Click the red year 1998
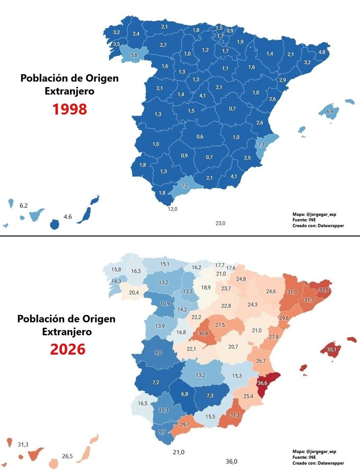pyautogui.click(x=69, y=109)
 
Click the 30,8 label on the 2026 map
pyautogui.click(x=203, y=333)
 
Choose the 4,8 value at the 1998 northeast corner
pyautogui.click(x=322, y=52)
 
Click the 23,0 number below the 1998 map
pyautogui.click(x=220, y=223)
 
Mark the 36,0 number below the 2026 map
pyautogui.click(x=231, y=462)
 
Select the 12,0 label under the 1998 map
pyautogui.click(x=173, y=209)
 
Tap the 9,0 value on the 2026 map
pyautogui.click(x=158, y=352)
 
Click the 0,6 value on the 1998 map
pyautogui.click(x=200, y=137)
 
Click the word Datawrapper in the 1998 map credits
pyautogui.click(x=330, y=225)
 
